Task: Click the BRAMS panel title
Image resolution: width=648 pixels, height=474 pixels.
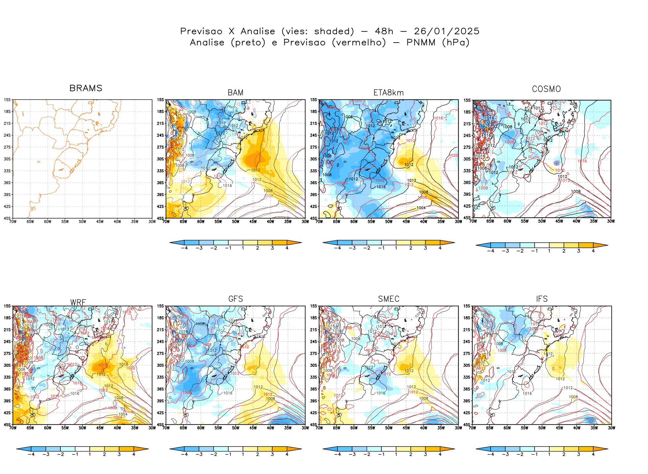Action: [86, 88]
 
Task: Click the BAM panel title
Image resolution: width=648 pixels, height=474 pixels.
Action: [236, 93]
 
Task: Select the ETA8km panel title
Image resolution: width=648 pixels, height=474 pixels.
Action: [388, 93]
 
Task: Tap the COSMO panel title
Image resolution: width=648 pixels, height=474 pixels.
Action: [546, 89]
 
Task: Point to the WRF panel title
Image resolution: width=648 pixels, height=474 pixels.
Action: [78, 302]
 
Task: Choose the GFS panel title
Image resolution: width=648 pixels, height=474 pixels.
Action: [236, 299]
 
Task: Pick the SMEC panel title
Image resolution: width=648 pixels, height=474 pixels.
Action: [388, 299]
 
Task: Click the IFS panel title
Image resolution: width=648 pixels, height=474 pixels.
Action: [542, 299]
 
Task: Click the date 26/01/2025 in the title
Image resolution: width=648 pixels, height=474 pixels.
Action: [446, 31]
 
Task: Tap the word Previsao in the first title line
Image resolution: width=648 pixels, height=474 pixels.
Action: [201, 31]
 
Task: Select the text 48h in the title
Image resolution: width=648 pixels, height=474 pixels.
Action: [384, 31]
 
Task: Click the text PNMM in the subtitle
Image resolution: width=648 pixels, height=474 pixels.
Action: [421, 43]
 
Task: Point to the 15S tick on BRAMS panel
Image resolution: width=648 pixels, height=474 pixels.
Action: [7, 100]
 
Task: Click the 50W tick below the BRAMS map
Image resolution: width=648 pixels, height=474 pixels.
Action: [82, 222]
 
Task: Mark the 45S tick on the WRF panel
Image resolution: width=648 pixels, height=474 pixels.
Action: [7, 424]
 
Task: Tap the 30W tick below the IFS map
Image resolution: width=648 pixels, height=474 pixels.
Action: [611, 428]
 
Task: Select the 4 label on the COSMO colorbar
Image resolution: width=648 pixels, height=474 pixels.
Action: [593, 251]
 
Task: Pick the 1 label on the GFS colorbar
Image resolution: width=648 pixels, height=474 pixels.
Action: [243, 455]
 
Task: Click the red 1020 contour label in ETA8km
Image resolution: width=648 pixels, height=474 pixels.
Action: [453, 155]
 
